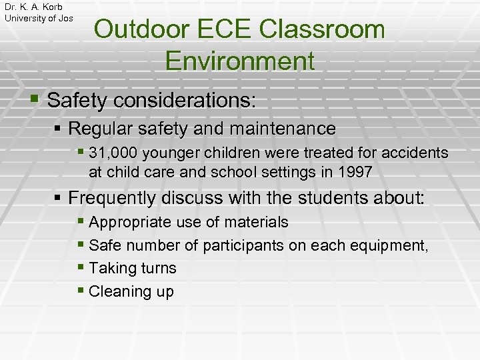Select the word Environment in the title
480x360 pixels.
click(x=239, y=61)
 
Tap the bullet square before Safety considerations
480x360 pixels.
click(x=35, y=101)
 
